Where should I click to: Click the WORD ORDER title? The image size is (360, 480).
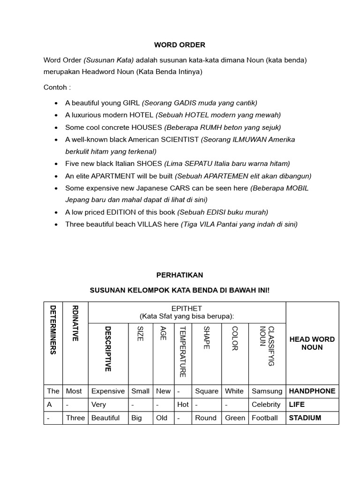pos(180,45)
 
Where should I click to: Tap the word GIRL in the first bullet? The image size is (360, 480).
pos(131,103)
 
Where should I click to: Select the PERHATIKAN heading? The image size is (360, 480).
pos(180,275)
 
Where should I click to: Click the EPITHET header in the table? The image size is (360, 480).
pos(187,308)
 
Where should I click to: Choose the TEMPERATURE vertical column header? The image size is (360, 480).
pos(183,351)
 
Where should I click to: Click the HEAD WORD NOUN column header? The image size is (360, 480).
pos(312,343)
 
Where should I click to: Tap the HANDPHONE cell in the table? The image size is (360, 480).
pos(312,391)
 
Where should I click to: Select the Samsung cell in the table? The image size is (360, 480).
pos(267,391)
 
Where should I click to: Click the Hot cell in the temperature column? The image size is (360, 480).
pos(183,404)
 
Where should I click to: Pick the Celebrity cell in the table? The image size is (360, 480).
pos(266,404)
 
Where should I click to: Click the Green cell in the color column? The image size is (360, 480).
pos(235,418)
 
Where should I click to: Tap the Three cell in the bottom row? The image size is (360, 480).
pos(75,418)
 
